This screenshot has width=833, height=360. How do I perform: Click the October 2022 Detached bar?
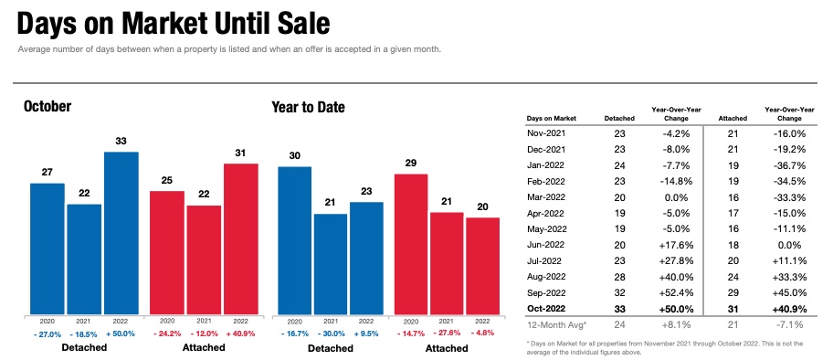pyautogui.click(x=121, y=233)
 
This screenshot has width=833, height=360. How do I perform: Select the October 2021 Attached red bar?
pyautogui.click(x=204, y=260)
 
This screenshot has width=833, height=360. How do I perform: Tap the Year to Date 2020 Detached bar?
pyautogui.click(x=294, y=241)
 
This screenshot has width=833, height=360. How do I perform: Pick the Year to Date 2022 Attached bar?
pyautogui.click(x=482, y=267)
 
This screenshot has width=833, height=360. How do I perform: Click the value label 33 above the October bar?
pyautogui.click(x=121, y=142)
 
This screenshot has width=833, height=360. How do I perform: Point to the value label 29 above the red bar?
pyautogui.click(x=411, y=164)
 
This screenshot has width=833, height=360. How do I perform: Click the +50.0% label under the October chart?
pyautogui.click(x=121, y=334)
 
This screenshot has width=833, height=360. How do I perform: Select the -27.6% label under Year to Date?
pyautogui.click(x=447, y=334)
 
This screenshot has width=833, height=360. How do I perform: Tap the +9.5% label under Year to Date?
pyautogui.click(x=366, y=334)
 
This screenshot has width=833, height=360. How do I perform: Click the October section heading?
pyautogui.click(x=47, y=106)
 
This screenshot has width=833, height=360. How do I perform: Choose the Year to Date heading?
pyautogui.click(x=308, y=108)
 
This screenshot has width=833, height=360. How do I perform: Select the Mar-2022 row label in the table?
pyautogui.click(x=546, y=197)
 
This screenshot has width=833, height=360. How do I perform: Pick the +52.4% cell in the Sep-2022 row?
pyautogui.click(x=676, y=293)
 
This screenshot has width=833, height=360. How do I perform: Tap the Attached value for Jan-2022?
pyautogui.click(x=733, y=165)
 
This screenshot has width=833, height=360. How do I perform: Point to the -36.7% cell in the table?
pyautogui.click(x=789, y=165)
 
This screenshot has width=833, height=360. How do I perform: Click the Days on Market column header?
pyautogui.click(x=552, y=118)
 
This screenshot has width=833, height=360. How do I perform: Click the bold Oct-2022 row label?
pyautogui.click(x=546, y=309)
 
